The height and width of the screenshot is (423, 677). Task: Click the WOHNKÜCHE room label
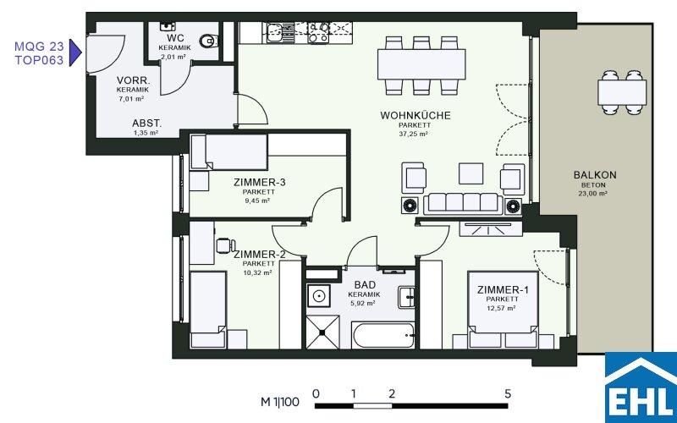416,115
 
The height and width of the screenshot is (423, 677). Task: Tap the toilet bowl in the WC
208,41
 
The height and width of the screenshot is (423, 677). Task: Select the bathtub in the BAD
383,335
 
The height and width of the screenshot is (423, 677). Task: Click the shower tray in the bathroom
322,332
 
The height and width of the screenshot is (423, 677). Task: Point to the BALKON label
595,175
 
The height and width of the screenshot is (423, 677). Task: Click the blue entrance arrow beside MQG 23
75,52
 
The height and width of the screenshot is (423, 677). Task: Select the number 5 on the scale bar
508,393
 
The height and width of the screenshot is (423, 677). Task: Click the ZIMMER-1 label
503,289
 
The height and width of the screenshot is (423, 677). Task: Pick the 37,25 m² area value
413,134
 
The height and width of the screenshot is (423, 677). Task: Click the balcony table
622,92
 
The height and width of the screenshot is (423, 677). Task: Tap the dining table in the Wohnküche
421,64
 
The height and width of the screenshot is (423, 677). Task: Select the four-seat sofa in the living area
463,203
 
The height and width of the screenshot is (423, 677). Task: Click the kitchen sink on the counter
274,32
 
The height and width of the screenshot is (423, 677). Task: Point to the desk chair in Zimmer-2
225,245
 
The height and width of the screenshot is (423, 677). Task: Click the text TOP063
39,60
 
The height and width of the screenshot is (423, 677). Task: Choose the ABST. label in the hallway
146,124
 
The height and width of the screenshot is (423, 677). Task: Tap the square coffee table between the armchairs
471,173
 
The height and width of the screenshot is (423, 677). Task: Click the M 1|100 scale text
280,403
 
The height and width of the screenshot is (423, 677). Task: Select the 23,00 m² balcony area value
593,194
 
